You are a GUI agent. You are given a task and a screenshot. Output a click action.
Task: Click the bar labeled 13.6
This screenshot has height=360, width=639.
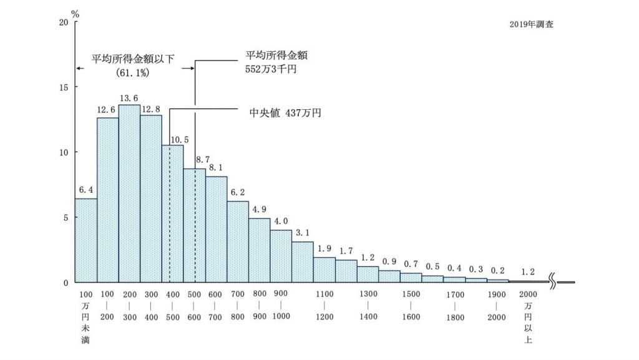coord(129,193)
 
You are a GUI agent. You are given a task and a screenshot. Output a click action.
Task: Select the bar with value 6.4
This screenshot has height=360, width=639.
coord(86,240)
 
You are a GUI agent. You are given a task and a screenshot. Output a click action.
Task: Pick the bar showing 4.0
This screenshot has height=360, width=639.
coord(281,256)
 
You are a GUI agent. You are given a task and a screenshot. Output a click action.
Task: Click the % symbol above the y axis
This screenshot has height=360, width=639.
coord(76,13)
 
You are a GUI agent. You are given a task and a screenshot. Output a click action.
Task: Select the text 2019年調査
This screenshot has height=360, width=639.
coord(531,26)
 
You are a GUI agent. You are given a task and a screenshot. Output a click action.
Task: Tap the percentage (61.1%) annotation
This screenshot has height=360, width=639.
coord(132,72)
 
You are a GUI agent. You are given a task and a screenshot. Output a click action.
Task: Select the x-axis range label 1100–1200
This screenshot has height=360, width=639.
coord(324,305)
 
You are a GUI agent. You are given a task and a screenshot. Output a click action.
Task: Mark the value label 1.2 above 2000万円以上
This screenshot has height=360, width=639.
coord(528,272)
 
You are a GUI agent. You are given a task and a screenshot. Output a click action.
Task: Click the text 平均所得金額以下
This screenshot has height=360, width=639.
coord(132,59)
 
